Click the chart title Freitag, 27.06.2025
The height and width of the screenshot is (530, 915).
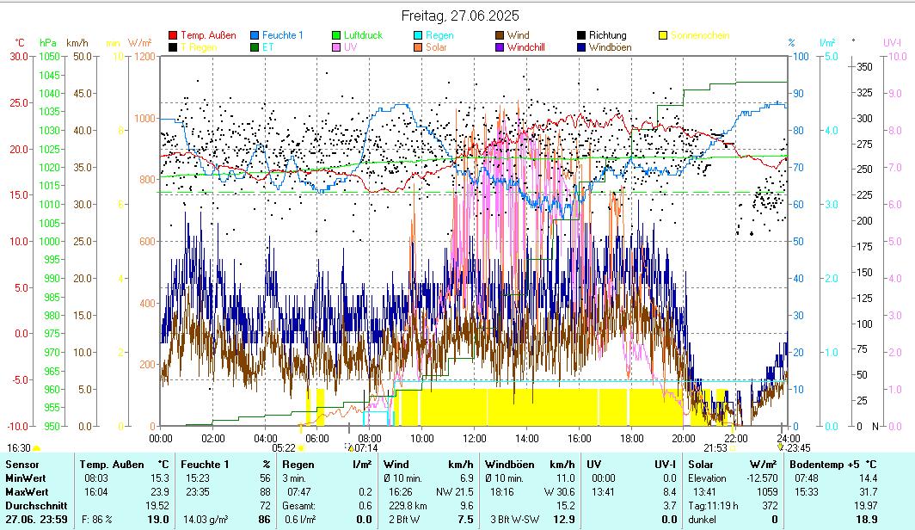[x=460, y=15]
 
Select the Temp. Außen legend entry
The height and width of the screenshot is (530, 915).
[x=208, y=35]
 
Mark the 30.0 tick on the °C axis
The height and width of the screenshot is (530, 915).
[x=18, y=56]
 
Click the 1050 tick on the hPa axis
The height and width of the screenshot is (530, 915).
[x=49, y=56]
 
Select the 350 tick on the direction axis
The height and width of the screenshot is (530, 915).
[x=865, y=66]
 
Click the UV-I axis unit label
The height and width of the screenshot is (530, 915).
[x=892, y=42]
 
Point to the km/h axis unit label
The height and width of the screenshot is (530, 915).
[x=77, y=42]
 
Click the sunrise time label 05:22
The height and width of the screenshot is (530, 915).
[x=283, y=447]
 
